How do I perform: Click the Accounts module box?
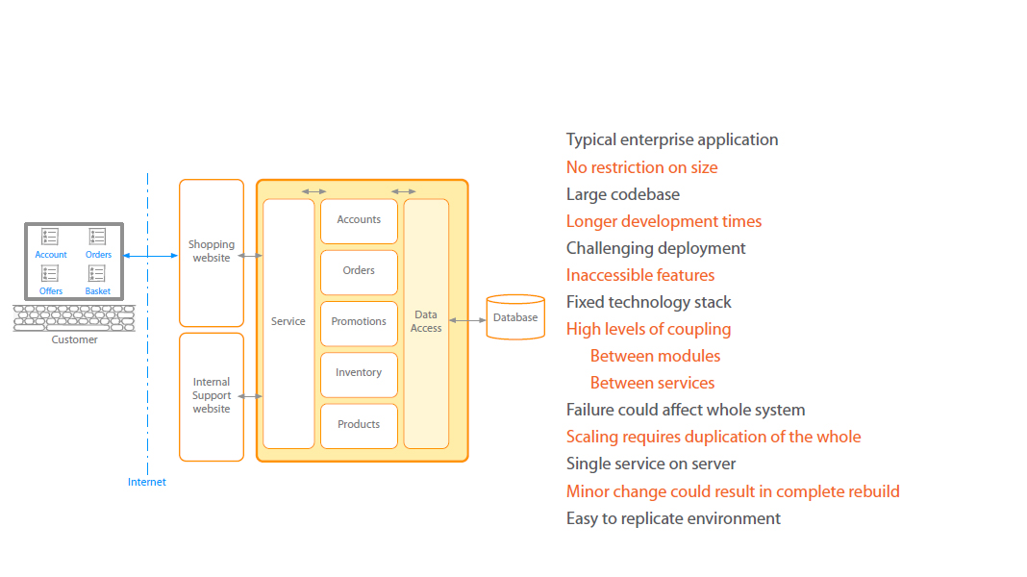coord(359,220)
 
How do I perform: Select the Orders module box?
coord(359,271)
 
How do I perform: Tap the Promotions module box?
coord(359,322)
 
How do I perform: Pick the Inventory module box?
coord(359,373)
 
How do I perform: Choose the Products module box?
coord(359,425)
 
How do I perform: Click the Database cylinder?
coord(515,317)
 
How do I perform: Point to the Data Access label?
coord(426,321)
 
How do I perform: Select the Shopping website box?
coord(212,252)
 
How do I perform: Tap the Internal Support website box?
coord(212,395)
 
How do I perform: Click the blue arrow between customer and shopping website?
coord(150,255)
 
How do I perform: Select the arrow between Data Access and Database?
coord(467,320)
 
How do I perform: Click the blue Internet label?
coord(147,482)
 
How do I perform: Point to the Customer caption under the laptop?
coord(74,339)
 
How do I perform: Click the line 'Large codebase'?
coord(622,194)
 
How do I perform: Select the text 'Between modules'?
coord(655,356)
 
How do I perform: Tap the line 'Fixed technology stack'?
coord(648,302)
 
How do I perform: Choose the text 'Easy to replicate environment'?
coord(673,518)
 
